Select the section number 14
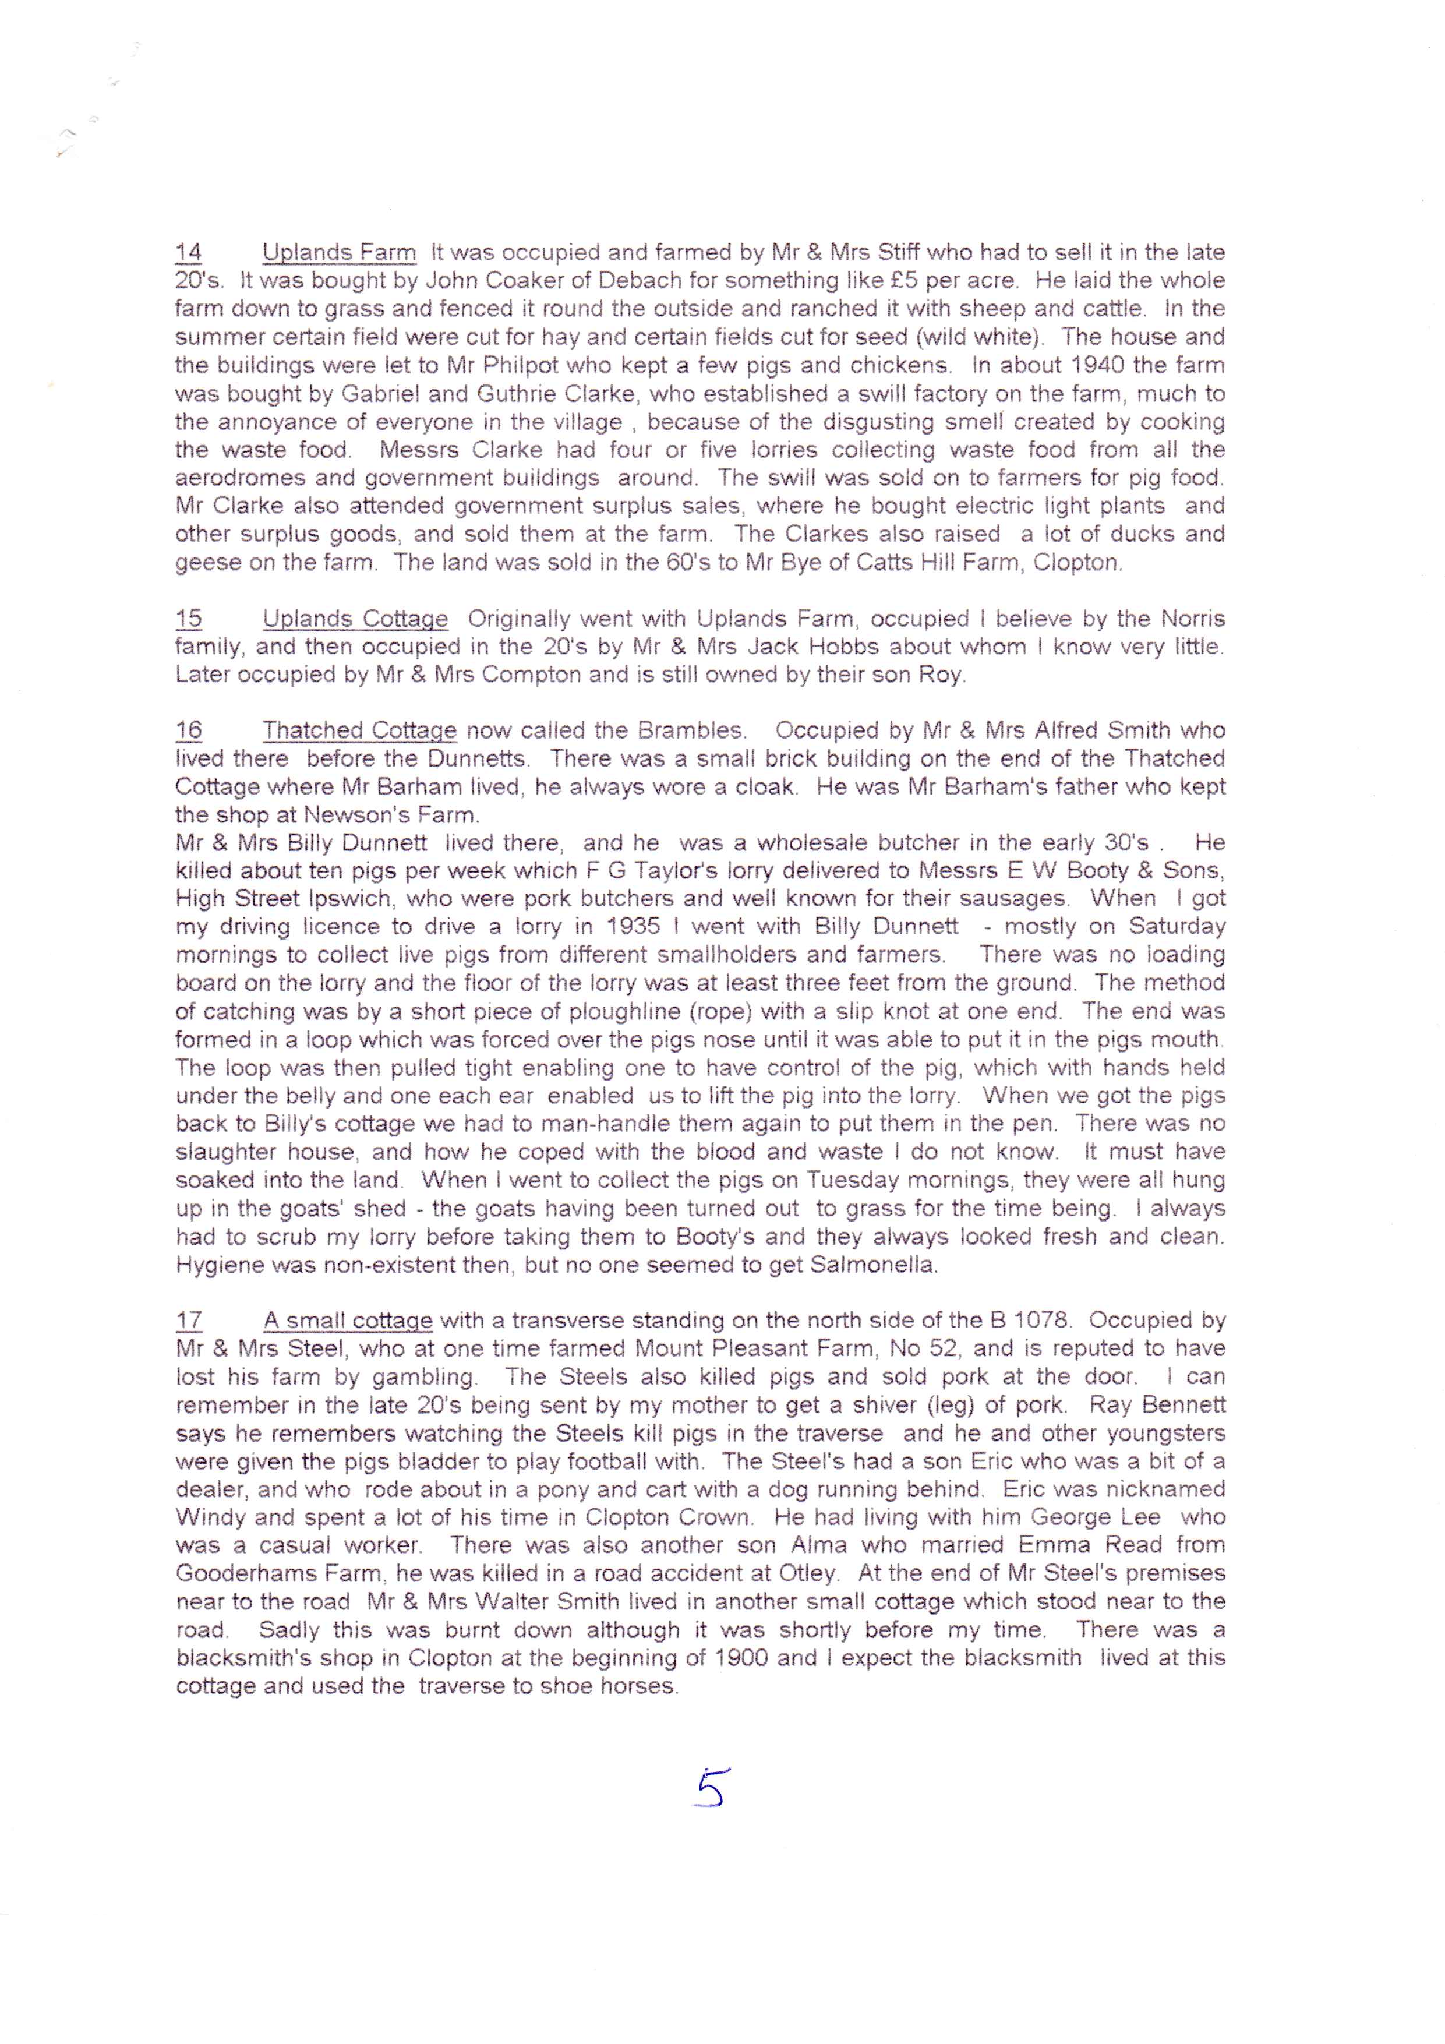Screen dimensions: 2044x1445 tap(189, 252)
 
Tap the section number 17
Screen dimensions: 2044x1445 tap(189, 1319)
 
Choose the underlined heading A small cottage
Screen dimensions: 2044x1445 tap(348, 1319)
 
